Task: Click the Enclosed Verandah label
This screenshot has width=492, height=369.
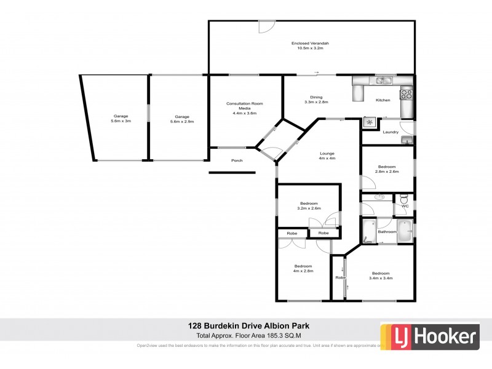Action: tap(311, 46)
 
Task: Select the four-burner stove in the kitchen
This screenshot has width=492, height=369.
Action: tap(407, 95)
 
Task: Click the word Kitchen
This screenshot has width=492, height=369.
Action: tap(383, 100)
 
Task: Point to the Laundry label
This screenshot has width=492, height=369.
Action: tap(390, 132)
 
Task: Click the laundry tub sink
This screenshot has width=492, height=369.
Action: tap(406, 140)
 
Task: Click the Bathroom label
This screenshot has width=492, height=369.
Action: tap(387, 232)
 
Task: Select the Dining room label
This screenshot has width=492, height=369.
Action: tap(316, 100)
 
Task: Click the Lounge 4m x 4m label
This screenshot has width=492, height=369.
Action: tap(327, 156)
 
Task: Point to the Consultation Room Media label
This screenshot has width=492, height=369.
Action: tap(244, 108)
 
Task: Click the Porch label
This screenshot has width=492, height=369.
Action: tap(237, 161)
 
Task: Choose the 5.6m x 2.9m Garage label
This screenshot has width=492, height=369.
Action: tap(181, 119)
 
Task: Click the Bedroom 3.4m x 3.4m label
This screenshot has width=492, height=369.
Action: tap(381, 276)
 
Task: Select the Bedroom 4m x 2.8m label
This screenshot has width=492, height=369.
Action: tap(304, 268)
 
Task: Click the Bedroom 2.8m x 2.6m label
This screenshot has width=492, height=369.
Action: tap(387, 169)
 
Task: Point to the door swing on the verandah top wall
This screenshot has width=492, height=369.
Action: tap(267, 27)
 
